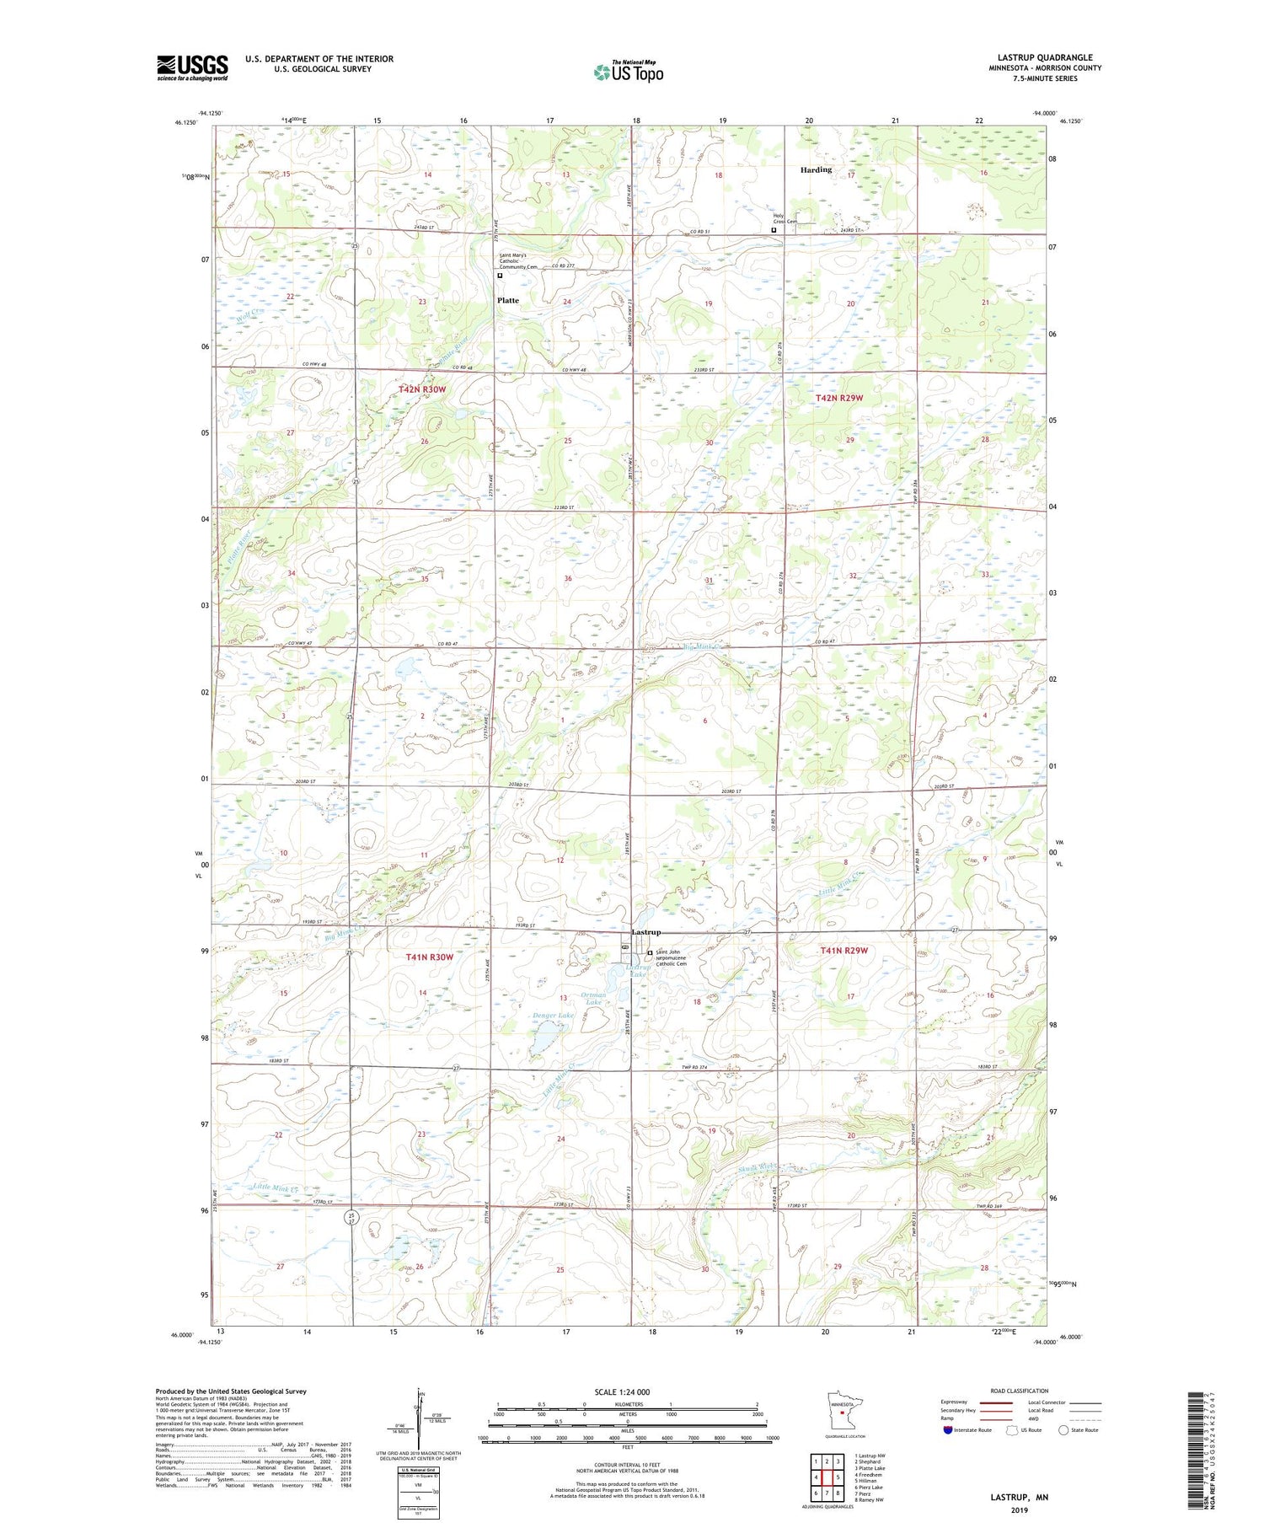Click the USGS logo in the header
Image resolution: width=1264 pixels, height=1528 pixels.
(192, 67)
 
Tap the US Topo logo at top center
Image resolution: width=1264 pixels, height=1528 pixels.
(628, 72)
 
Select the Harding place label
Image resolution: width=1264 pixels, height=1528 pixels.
(815, 169)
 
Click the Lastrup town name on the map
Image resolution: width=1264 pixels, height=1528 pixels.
(646, 932)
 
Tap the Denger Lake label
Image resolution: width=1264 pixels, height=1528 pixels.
(553, 1016)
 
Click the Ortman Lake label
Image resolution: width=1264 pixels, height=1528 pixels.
(594, 999)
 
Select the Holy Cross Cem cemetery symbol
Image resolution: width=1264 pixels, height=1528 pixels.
(774, 229)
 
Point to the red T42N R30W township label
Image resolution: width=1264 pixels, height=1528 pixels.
(421, 389)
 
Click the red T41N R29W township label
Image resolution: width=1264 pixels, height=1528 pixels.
(844, 951)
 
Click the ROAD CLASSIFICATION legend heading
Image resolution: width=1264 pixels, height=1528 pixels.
(1020, 1391)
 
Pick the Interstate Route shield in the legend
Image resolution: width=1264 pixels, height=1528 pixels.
(948, 1430)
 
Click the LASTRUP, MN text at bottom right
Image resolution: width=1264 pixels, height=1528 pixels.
(1019, 1498)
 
